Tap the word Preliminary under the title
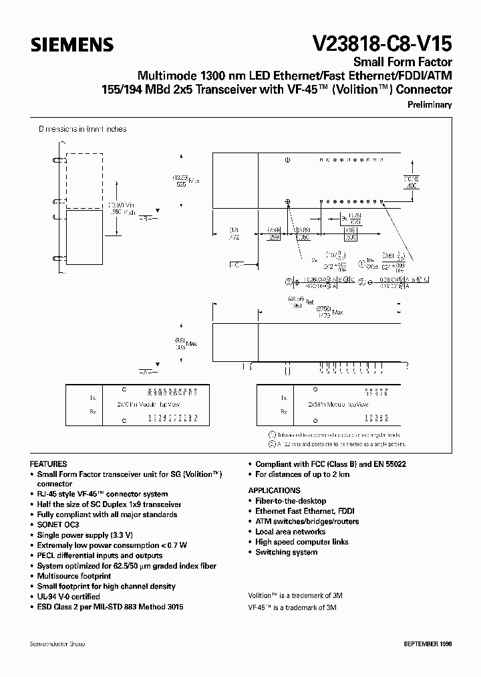[x=430, y=104]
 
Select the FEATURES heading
[x=49, y=464]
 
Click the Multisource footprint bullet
[x=73, y=576]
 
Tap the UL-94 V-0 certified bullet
[x=69, y=596]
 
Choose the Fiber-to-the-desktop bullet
[x=291, y=500]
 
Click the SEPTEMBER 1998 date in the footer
[x=428, y=643]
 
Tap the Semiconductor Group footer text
[x=57, y=643]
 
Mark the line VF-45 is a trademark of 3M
[x=292, y=607]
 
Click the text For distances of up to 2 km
[x=302, y=474]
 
